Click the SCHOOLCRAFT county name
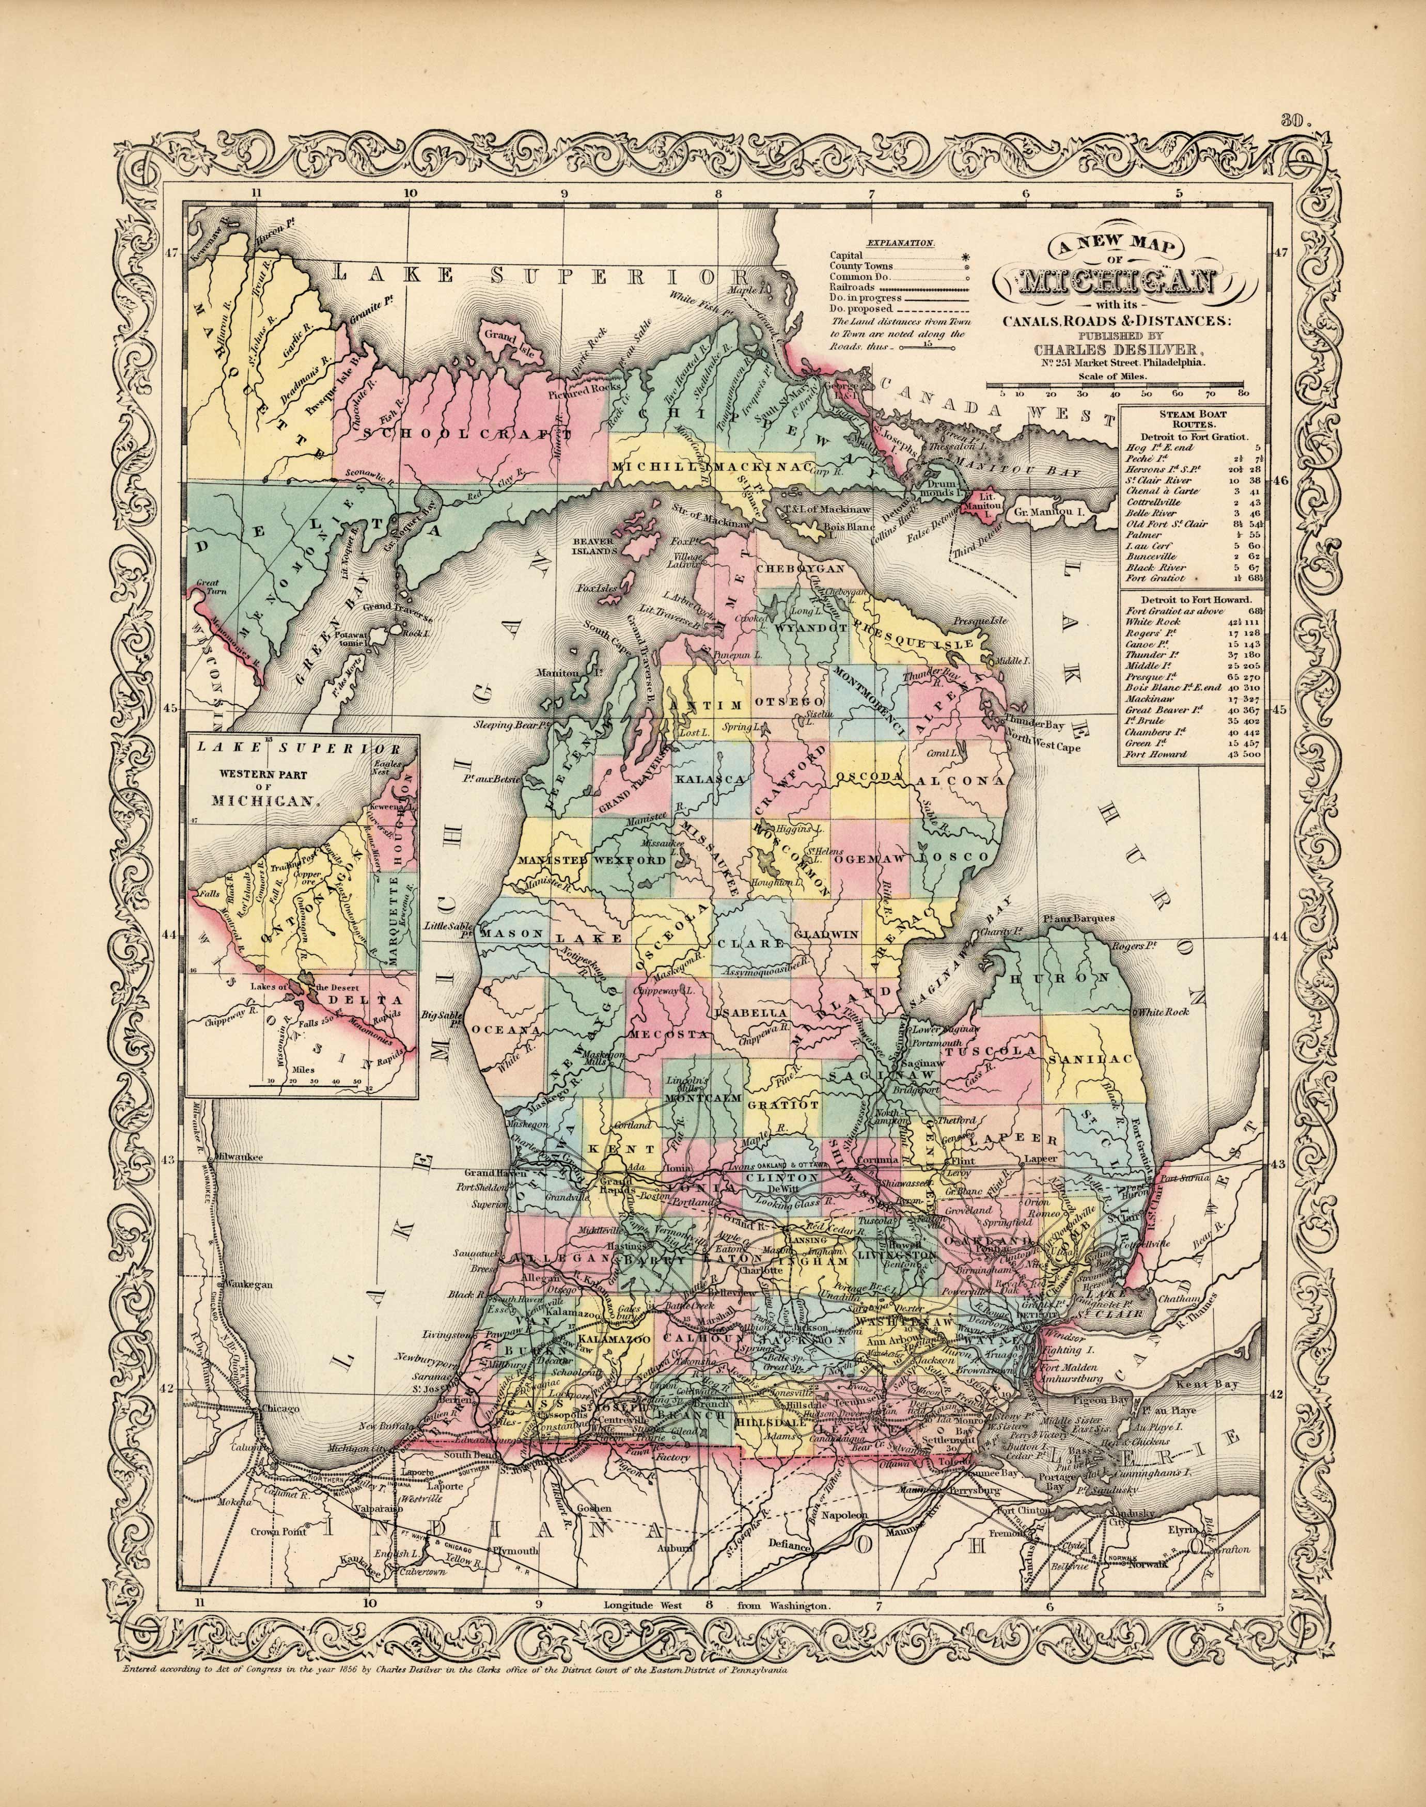pyautogui.click(x=467, y=434)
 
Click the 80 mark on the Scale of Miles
pyautogui.click(x=1244, y=392)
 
